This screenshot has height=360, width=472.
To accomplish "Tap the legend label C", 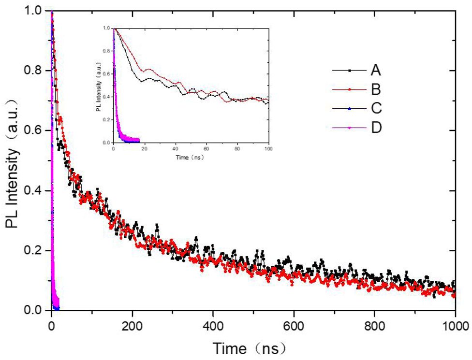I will point(376,109).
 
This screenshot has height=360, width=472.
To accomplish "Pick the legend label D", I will point(376,128).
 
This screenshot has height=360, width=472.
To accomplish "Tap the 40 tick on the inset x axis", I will point(175,149).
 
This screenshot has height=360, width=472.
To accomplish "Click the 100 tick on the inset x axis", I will point(267,149).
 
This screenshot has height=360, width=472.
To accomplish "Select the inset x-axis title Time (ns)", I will point(190,158).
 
